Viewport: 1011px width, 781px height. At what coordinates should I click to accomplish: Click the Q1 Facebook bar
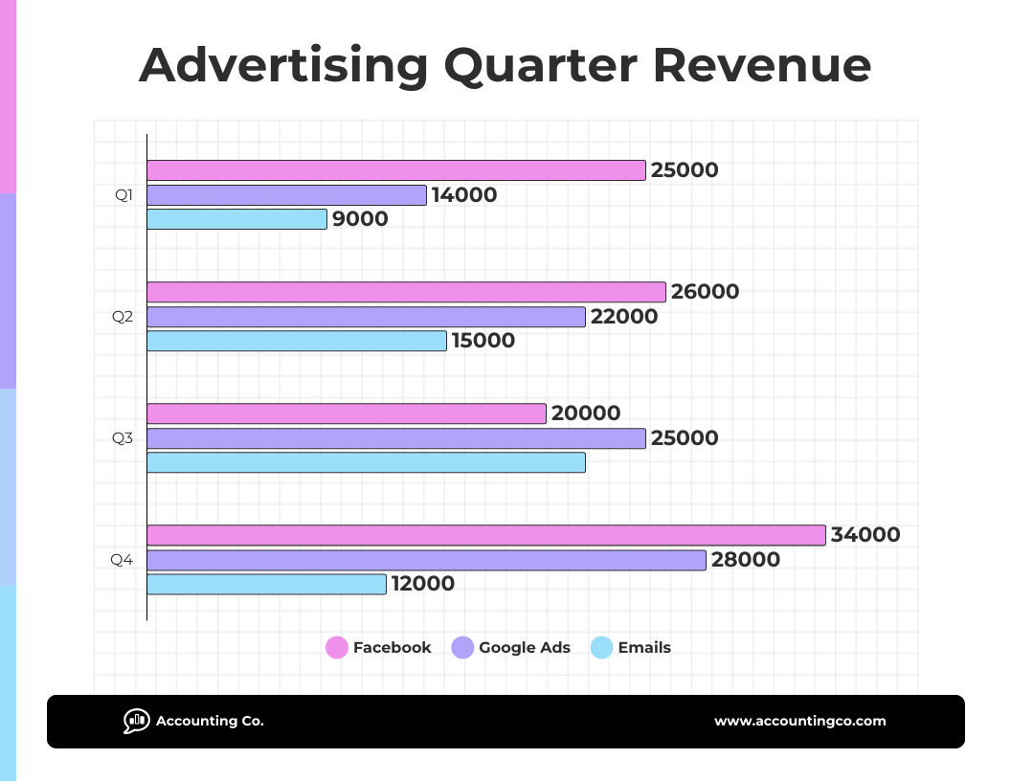[395, 170]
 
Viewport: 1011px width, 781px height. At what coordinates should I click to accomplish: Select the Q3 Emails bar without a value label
[366, 462]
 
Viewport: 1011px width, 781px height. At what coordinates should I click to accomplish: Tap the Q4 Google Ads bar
[426, 560]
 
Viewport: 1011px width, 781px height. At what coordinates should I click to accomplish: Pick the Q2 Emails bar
[296, 341]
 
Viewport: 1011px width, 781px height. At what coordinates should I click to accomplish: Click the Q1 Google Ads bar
[286, 195]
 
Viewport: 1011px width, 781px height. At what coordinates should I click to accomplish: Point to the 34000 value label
[865, 535]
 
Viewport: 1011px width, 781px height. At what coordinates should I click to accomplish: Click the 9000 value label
[360, 219]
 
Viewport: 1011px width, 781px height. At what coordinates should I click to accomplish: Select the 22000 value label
[624, 317]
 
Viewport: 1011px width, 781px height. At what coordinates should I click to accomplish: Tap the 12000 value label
[422, 584]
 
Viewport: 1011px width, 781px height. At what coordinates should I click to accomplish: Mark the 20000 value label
[586, 413]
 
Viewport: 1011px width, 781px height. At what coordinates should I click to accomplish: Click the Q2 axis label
[123, 317]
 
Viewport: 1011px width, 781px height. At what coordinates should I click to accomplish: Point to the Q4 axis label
[122, 560]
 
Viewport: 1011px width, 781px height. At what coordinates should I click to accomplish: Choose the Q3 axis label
[123, 438]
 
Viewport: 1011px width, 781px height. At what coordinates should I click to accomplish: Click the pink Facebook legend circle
[337, 648]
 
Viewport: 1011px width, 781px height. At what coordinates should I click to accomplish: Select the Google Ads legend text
[524, 648]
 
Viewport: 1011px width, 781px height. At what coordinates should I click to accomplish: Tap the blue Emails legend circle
[601, 648]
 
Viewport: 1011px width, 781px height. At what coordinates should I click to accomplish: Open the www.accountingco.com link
[799, 722]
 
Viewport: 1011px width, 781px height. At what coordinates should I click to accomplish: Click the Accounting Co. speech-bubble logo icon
[136, 721]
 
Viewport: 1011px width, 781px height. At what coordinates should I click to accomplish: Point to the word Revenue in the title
[762, 66]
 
